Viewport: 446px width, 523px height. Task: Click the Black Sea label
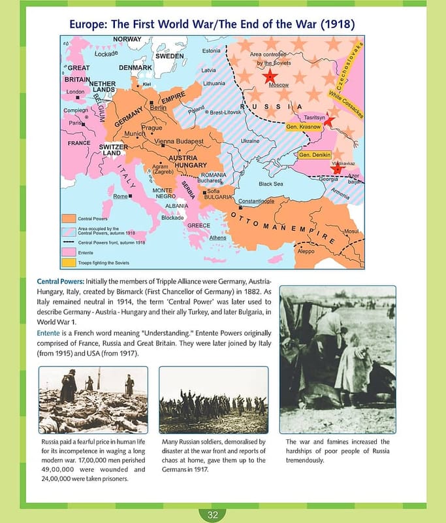point(270,184)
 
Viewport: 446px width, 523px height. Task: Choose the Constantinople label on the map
point(256,201)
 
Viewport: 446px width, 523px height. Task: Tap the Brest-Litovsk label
point(226,112)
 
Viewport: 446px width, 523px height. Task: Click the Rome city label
point(120,196)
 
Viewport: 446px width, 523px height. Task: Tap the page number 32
point(213,515)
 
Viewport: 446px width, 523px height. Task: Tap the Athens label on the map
point(217,238)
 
